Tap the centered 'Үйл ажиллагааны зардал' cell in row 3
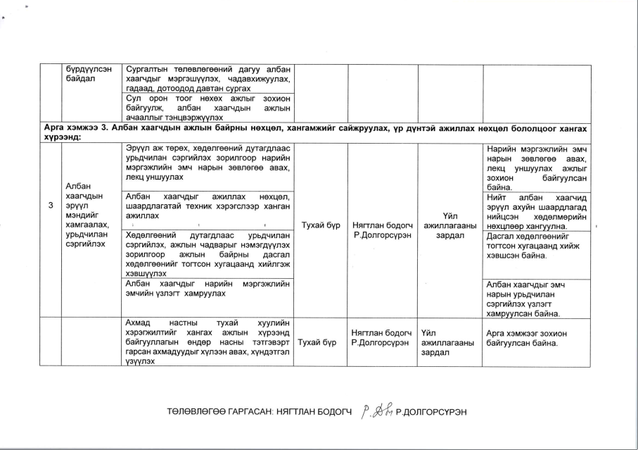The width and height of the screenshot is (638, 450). [450, 225]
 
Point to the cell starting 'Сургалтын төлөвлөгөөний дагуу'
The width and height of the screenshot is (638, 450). [210, 80]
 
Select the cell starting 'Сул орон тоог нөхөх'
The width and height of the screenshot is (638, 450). [210, 109]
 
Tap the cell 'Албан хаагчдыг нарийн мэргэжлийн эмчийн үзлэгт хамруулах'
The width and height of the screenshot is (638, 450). [210, 288]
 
